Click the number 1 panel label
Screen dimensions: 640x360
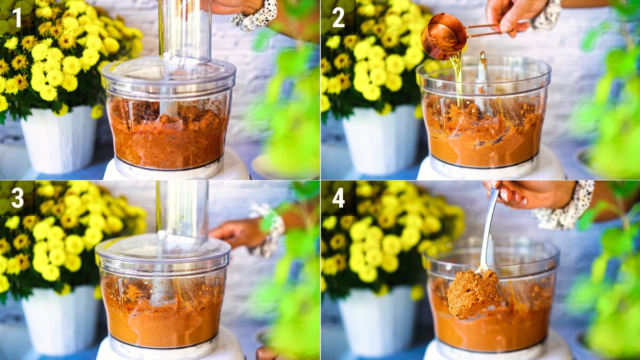pos(17,17)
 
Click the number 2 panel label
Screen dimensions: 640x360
pos(339,18)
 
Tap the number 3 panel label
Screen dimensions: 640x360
pos(18,198)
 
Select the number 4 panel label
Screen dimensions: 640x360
pos(339,198)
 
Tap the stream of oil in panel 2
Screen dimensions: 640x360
pos(457,77)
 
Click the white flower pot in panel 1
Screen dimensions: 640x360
pos(59,140)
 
